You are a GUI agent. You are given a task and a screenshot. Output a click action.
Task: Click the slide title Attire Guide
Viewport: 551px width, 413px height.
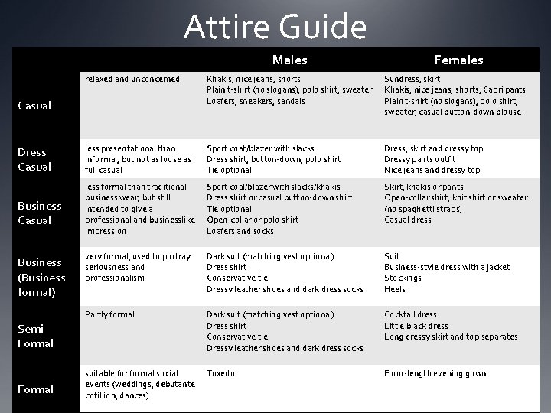pyautogui.click(x=275, y=27)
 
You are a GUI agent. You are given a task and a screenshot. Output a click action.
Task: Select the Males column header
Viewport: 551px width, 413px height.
pyautogui.click(x=289, y=60)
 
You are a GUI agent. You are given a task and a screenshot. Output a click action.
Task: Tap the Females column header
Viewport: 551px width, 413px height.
pyautogui.click(x=458, y=60)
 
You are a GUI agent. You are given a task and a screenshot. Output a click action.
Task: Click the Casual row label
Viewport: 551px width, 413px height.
pyautogui.click(x=34, y=106)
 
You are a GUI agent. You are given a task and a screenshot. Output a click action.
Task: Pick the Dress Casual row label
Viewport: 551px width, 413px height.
pyautogui.click(x=34, y=159)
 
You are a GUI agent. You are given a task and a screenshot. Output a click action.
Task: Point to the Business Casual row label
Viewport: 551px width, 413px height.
pyautogui.click(x=39, y=213)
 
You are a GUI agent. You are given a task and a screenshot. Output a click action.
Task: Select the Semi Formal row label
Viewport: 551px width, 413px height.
pyautogui.click(x=35, y=336)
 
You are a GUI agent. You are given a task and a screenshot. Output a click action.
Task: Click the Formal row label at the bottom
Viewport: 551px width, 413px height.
pyautogui.click(x=35, y=389)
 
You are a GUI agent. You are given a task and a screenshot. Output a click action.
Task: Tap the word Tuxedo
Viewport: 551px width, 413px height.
pyautogui.click(x=220, y=374)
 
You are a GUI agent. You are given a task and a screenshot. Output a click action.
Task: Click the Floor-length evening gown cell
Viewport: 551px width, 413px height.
pyautogui.click(x=435, y=374)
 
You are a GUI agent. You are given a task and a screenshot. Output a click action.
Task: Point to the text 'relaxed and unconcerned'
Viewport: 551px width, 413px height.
pyautogui.click(x=132, y=79)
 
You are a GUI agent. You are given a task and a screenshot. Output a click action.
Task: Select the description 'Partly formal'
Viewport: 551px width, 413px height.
pyautogui.click(x=109, y=314)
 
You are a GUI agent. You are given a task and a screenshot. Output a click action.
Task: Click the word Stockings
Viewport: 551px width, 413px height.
pyautogui.click(x=403, y=278)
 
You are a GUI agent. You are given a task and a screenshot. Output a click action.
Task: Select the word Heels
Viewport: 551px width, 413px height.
pyautogui.click(x=395, y=289)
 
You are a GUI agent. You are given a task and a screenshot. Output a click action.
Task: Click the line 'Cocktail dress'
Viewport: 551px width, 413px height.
pyautogui.click(x=410, y=314)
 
